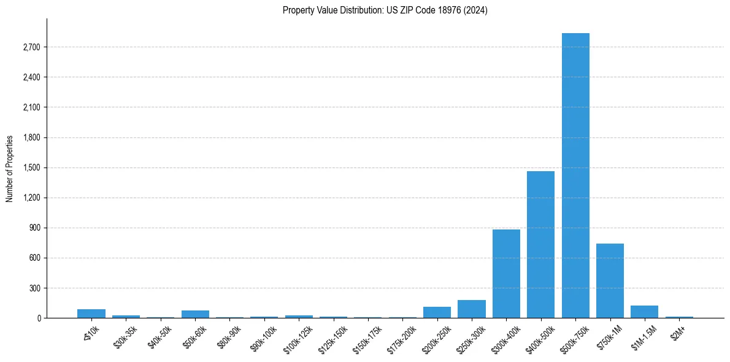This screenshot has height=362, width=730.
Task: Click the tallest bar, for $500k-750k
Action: (x=575, y=175)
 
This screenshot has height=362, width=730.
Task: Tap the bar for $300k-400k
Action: (x=506, y=274)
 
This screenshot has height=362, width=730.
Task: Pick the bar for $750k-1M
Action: (x=610, y=280)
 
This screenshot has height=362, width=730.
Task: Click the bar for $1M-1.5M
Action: (x=644, y=312)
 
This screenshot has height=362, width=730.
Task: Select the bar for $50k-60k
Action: (x=195, y=314)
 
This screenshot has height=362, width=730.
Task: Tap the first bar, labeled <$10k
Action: (x=91, y=314)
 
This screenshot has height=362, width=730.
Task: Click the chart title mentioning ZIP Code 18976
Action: (x=385, y=10)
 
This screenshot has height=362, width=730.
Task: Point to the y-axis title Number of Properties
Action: (x=10, y=168)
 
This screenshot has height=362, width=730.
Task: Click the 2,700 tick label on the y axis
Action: (x=31, y=47)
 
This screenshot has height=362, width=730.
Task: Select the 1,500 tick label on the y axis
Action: (x=31, y=168)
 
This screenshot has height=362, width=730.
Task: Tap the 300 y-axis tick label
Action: (x=34, y=288)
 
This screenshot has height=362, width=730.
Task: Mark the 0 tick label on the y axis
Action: (x=38, y=318)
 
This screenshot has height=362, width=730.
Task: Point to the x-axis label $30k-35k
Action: (x=125, y=336)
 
